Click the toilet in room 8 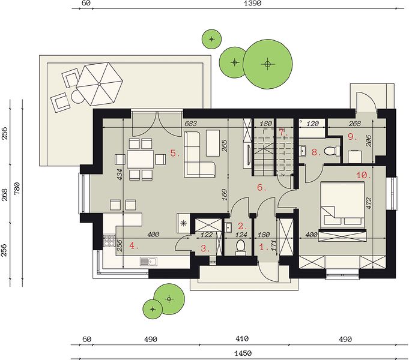pos(330,151)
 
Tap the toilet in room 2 pos(240,247)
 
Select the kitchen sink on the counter pos(148,261)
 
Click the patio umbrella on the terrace pos(99,84)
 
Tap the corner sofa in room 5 pos(199,154)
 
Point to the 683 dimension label pos(190,124)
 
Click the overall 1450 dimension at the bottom pos(243,353)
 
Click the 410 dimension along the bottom pos(242,339)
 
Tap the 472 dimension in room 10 pos(369,203)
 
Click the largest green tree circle pos(268,64)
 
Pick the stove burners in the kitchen pos(109,241)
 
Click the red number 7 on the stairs pos(281,132)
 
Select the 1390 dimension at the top pos(252,3)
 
